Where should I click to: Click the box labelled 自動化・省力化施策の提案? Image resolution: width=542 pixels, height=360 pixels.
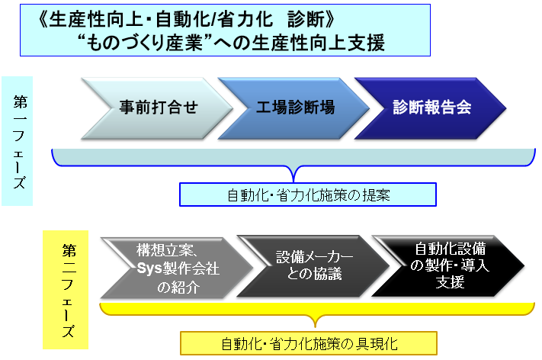point(308,194)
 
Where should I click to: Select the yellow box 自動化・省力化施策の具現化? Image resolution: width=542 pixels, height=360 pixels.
point(309,343)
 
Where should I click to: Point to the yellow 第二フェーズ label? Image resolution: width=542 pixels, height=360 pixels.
point(66,290)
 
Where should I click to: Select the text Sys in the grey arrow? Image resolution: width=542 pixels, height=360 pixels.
point(149,268)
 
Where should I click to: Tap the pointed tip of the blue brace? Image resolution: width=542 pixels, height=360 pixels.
point(293,182)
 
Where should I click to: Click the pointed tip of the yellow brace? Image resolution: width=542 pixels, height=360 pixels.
point(316,326)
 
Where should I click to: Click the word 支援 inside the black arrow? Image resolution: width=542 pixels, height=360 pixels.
point(450,282)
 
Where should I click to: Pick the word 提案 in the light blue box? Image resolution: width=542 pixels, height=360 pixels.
point(376,195)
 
